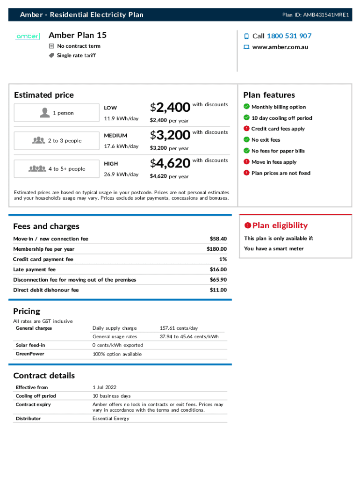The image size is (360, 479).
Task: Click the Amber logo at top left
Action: (28, 36)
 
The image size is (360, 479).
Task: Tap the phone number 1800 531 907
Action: (289, 36)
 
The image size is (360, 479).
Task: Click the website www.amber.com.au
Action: (280, 47)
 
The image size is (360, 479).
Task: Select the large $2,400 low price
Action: (170, 108)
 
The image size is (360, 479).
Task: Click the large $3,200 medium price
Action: (170, 136)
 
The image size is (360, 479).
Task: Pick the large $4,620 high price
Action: (170, 164)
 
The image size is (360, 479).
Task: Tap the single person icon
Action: (45, 113)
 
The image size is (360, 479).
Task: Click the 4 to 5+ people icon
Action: (37, 169)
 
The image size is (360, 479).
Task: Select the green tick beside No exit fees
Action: (246, 140)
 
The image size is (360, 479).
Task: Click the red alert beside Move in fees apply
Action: (246, 162)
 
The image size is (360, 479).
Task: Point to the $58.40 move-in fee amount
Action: (218, 239)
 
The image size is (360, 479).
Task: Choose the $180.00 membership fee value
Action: (216, 249)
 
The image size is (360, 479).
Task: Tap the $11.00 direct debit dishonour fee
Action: (218, 290)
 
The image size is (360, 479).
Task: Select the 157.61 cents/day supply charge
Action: (179, 328)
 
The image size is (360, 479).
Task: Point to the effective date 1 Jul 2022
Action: (105, 387)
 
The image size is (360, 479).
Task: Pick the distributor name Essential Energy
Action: (111, 419)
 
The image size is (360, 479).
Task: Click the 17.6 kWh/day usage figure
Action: (121, 146)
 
